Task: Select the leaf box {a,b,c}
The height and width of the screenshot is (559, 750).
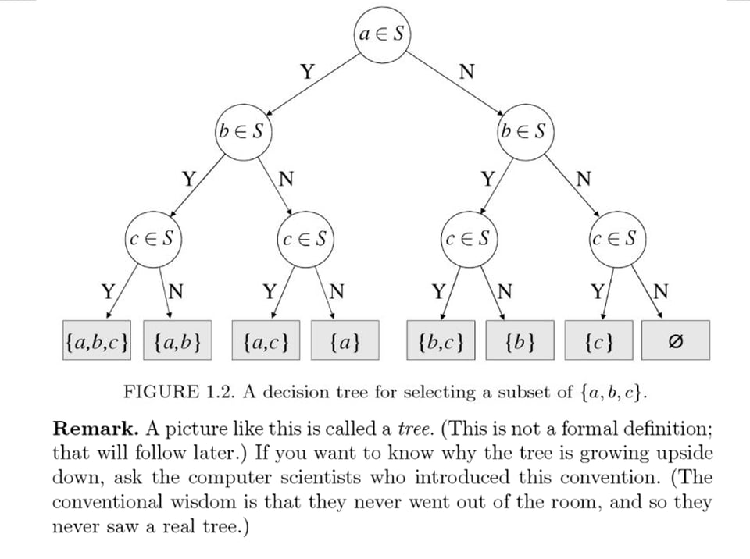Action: pyautogui.click(x=98, y=341)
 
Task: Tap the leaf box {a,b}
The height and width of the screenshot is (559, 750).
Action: pyautogui.click(x=178, y=341)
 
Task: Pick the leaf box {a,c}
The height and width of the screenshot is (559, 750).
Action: pyautogui.click(x=266, y=341)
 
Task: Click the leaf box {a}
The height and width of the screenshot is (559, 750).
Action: pyautogui.click(x=345, y=341)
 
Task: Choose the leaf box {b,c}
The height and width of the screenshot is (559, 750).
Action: pyautogui.click(x=441, y=341)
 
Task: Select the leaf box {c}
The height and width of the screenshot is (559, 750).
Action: pyautogui.click(x=598, y=341)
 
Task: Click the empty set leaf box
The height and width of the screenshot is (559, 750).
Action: pyautogui.click(x=677, y=341)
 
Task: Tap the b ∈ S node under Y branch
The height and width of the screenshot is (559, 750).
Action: pyautogui.click(x=242, y=131)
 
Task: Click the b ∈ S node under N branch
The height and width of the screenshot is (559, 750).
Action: pyautogui.click(x=525, y=131)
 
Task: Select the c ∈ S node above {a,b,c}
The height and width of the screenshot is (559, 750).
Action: pyautogui.click(x=153, y=237)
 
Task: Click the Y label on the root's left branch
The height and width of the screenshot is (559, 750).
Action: pyautogui.click(x=308, y=73)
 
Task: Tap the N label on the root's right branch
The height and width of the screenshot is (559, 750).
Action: pyautogui.click(x=467, y=73)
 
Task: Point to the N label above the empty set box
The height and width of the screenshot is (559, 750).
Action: pyautogui.click(x=661, y=293)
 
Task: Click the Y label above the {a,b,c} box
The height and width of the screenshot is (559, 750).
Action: pyautogui.click(x=109, y=293)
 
